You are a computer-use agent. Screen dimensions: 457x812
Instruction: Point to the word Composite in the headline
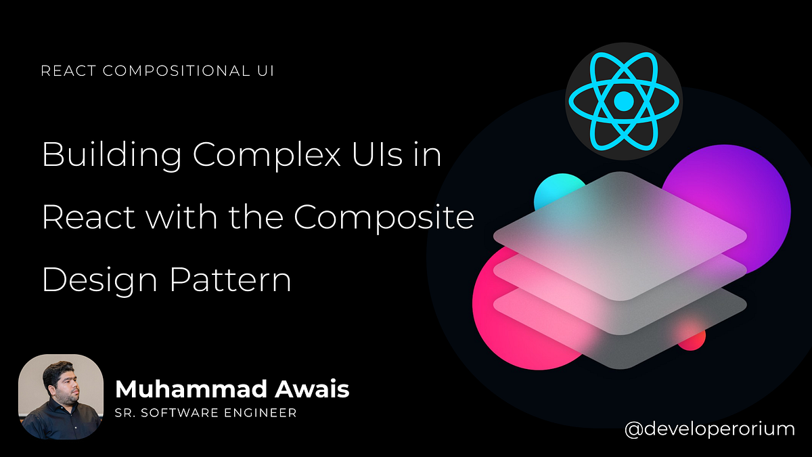click(x=384, y=217)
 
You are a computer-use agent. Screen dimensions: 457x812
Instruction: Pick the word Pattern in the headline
click(x=230, y=280)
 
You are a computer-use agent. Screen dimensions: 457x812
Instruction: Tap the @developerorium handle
click(x=709, y=428)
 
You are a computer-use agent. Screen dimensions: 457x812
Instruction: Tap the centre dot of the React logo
click(x=623, y=101)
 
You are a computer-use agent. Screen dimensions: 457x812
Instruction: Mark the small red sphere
click(x=694, y=336)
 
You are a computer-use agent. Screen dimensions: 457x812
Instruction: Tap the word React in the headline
click(x=81, y=217)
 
